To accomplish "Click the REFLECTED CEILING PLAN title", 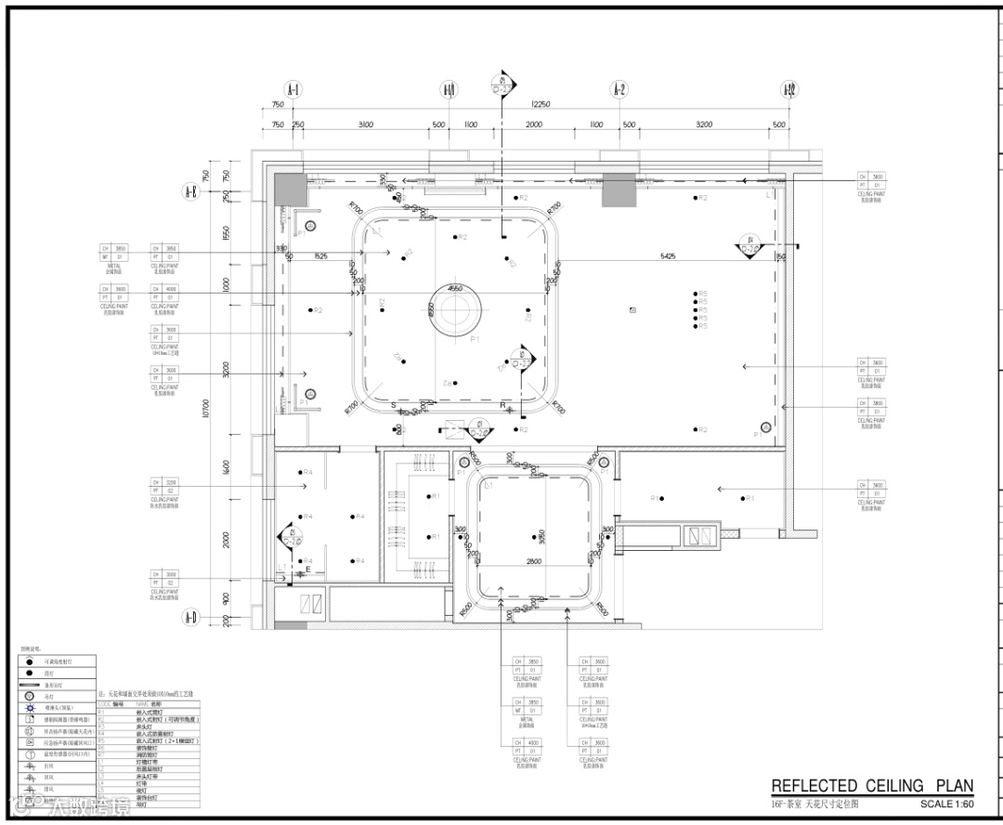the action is pyautogui.click(x=872, y=786).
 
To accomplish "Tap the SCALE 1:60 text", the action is pyautogui.click(x=946, y=804).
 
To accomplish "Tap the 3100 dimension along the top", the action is pyautogui.click(x=365, y=124).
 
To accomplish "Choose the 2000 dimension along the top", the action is pyautogui.click(x=534, y=124).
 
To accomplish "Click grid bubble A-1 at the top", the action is pyautogui.click(x=293, y=90).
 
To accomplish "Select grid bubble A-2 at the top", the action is pyautogui.click(x=619, y=90).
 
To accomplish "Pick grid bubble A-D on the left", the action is pyautogui.click(x=190, y=616).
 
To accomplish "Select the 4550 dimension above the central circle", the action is pyautogui.click(x=455, y=289).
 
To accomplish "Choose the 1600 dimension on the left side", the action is pyautogui.click(x=226, y=468).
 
